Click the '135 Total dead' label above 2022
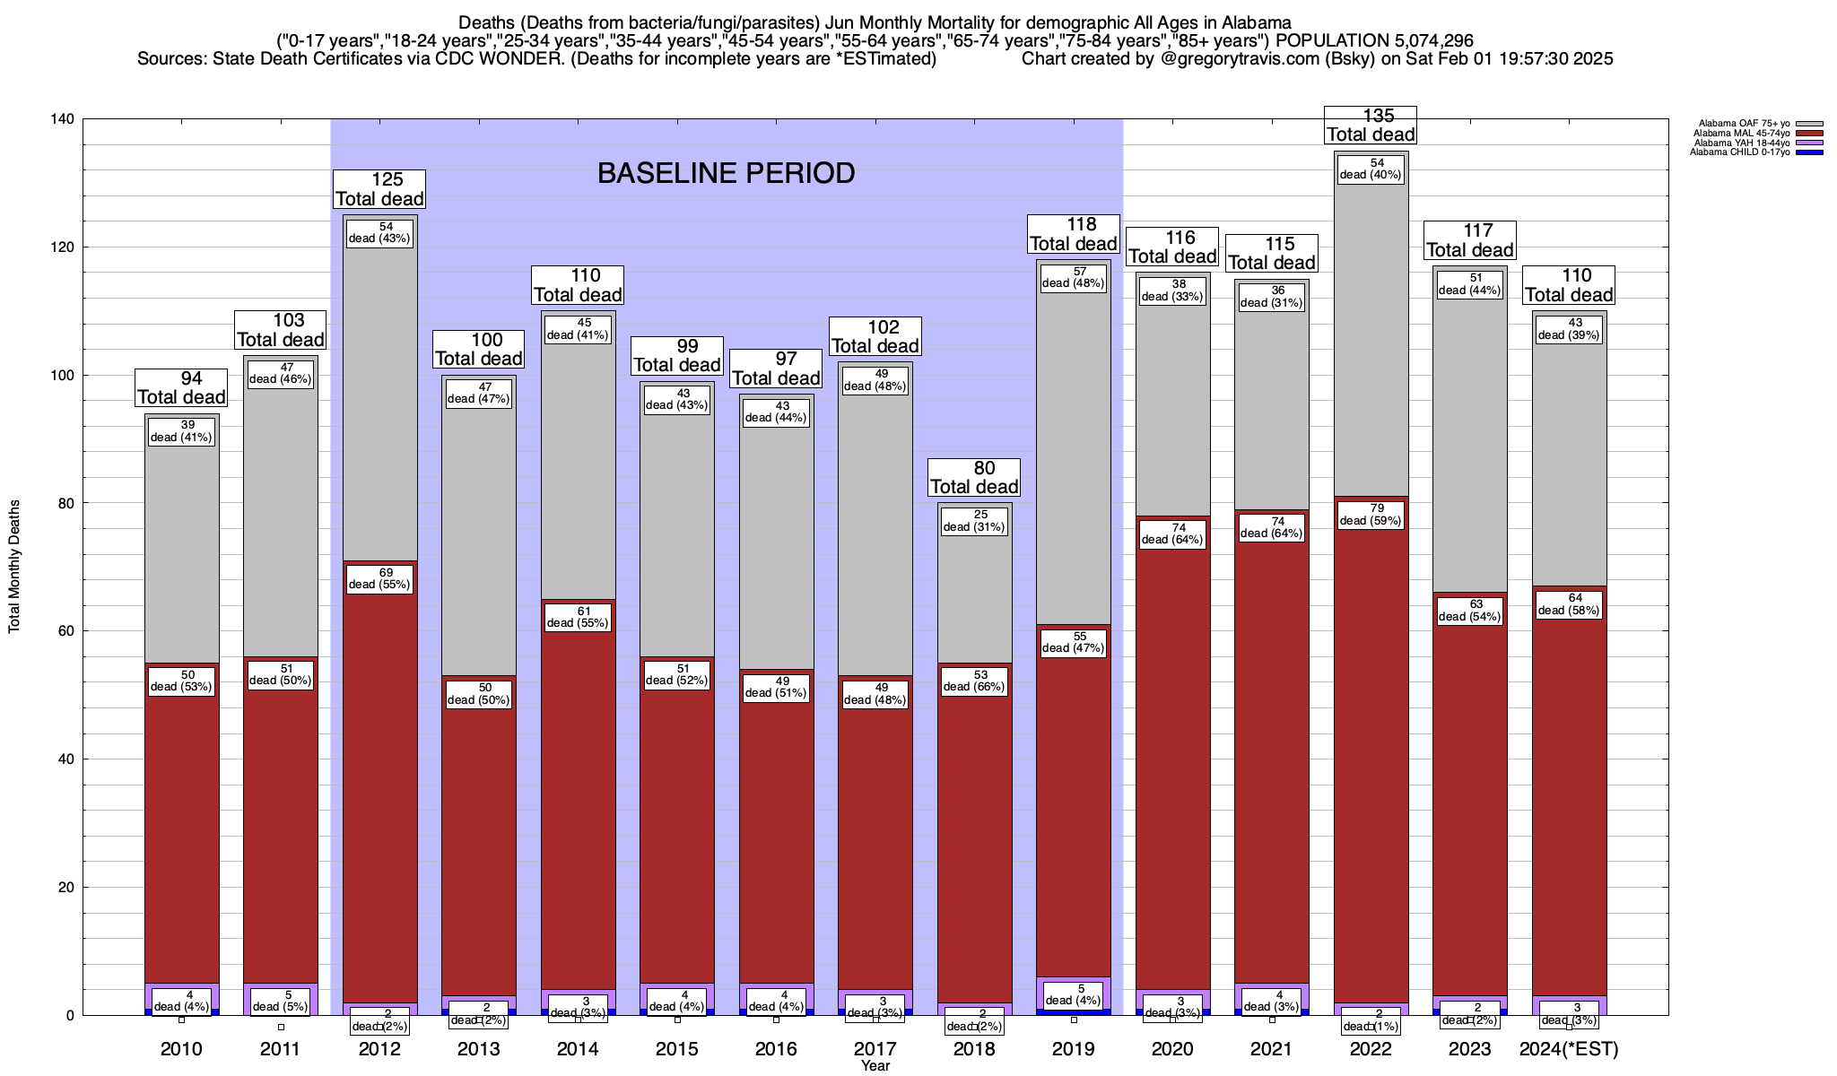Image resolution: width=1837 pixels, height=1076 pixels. point(1371,125)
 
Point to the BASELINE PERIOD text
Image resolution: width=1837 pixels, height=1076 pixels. point(726,173)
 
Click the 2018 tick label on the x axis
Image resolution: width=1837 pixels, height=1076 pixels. point(974,1049)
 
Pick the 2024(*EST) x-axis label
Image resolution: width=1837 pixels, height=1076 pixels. point(1569,1049)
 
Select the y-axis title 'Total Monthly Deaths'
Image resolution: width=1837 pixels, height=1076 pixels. point(14,567)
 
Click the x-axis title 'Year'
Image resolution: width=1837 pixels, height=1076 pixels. point(875,1066)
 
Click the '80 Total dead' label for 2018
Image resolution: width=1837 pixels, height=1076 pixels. point(974,477)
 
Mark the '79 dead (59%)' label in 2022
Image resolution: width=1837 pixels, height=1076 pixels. point(1371,515)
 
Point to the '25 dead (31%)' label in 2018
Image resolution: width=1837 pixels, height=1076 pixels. point(974,521)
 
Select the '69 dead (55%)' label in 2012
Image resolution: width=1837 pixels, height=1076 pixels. point(379,578)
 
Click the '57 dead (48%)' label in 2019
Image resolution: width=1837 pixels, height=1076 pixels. point(1073,277)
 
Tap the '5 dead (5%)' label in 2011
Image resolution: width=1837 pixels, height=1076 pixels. point(281,1001)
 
